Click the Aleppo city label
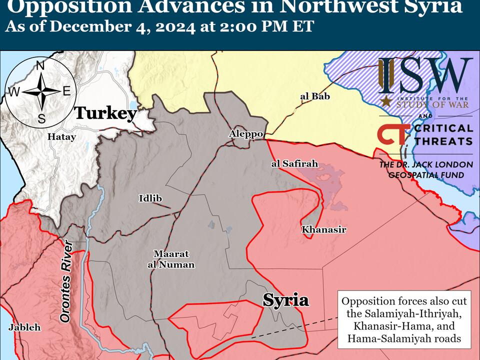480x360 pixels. coord(246,134)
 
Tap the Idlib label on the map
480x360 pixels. coord(150,198)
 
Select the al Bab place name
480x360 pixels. coord(315,96)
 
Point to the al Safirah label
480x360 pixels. coord(294,163)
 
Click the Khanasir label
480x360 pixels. coord(323,229)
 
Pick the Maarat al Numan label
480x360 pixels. coord(170,259)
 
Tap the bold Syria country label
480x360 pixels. coord(285,300)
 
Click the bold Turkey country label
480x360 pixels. coord(105,113)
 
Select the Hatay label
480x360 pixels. coord(61,136)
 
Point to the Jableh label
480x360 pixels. coord(24,327)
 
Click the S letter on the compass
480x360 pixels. coord(41,118)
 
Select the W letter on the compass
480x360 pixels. coord(14,92)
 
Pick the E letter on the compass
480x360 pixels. coord(66,91)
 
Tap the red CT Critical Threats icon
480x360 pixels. coord(393,134)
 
